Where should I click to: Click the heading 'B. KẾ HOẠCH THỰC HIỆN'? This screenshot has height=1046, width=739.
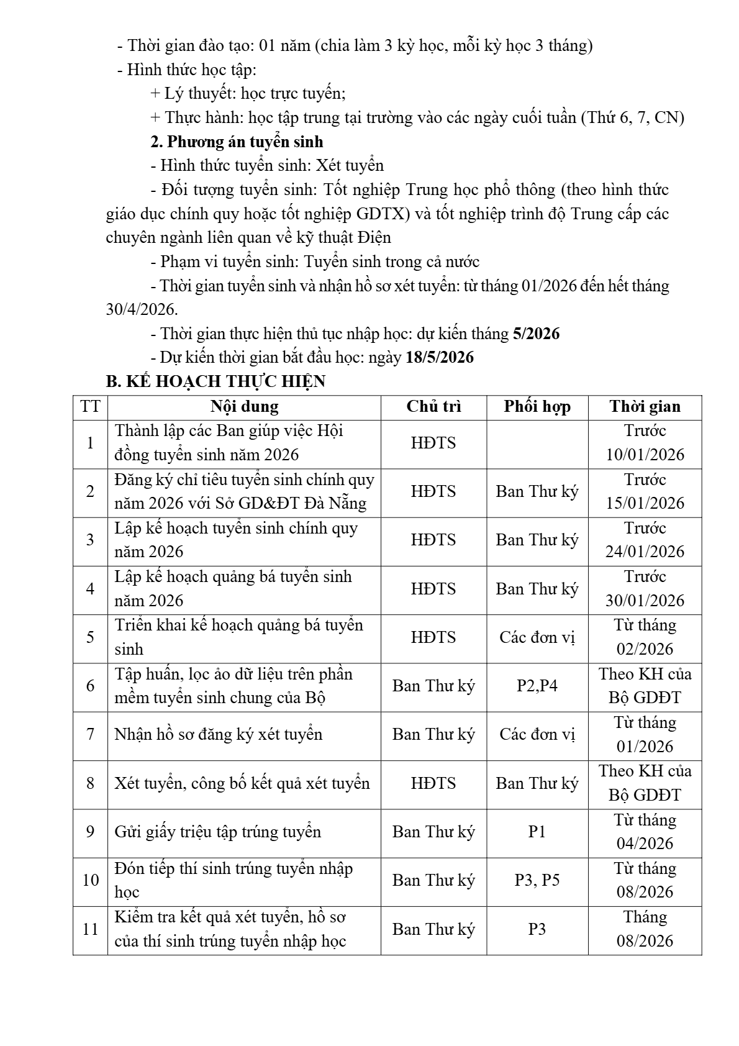click(x=215, y=381)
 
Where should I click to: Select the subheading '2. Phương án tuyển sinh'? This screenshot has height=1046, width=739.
click(x=237, y=142)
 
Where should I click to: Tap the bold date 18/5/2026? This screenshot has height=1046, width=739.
click(x=440, y=357)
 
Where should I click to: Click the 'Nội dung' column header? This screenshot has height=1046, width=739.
click(x=244, y=407)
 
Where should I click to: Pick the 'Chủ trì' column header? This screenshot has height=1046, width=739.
click(x=433, y=407)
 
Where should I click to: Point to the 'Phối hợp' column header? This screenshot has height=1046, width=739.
click(x=537, y=407)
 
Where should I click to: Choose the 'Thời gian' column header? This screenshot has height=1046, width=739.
click(x=645, y=407)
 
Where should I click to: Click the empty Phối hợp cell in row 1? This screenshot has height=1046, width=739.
click(x=537, y=443)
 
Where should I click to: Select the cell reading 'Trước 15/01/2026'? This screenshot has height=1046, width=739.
click(x=645, y=491)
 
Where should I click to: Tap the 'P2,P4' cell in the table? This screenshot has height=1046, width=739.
click(x=537, y=686)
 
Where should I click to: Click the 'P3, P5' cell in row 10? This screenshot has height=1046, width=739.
click(x=537, y=880)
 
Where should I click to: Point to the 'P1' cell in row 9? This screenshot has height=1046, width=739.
click(x=537, y=832)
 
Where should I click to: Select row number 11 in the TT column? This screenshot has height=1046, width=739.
click(x=91, y=929)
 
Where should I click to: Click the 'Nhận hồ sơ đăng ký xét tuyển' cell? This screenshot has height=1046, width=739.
click(x=219, y=734)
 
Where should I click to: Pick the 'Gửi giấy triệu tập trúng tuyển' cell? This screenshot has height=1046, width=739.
click(x=218, y=832)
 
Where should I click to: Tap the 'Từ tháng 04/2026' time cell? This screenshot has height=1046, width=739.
click(x=645, y=832)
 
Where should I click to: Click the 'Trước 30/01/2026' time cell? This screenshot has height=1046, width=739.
click(x=645, y=589)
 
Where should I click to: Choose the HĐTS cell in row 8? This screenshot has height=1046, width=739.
click(x=433, y=783)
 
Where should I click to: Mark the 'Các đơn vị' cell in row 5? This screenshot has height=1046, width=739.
click(x=537, y=637)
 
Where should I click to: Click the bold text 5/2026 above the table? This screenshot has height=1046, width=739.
click(x=536, y=334)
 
